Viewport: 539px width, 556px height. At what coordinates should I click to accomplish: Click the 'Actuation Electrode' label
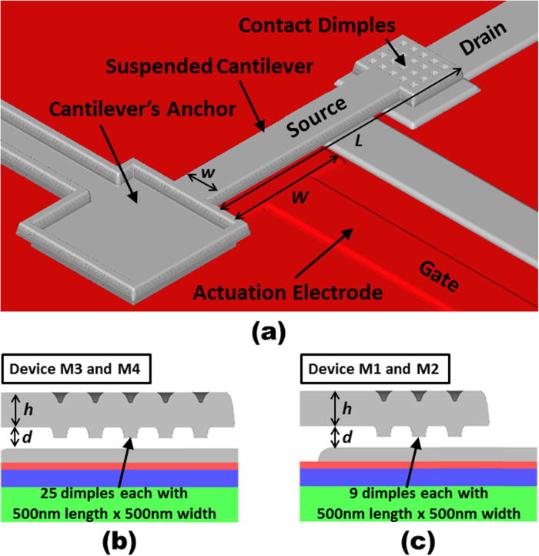(288, 292)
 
